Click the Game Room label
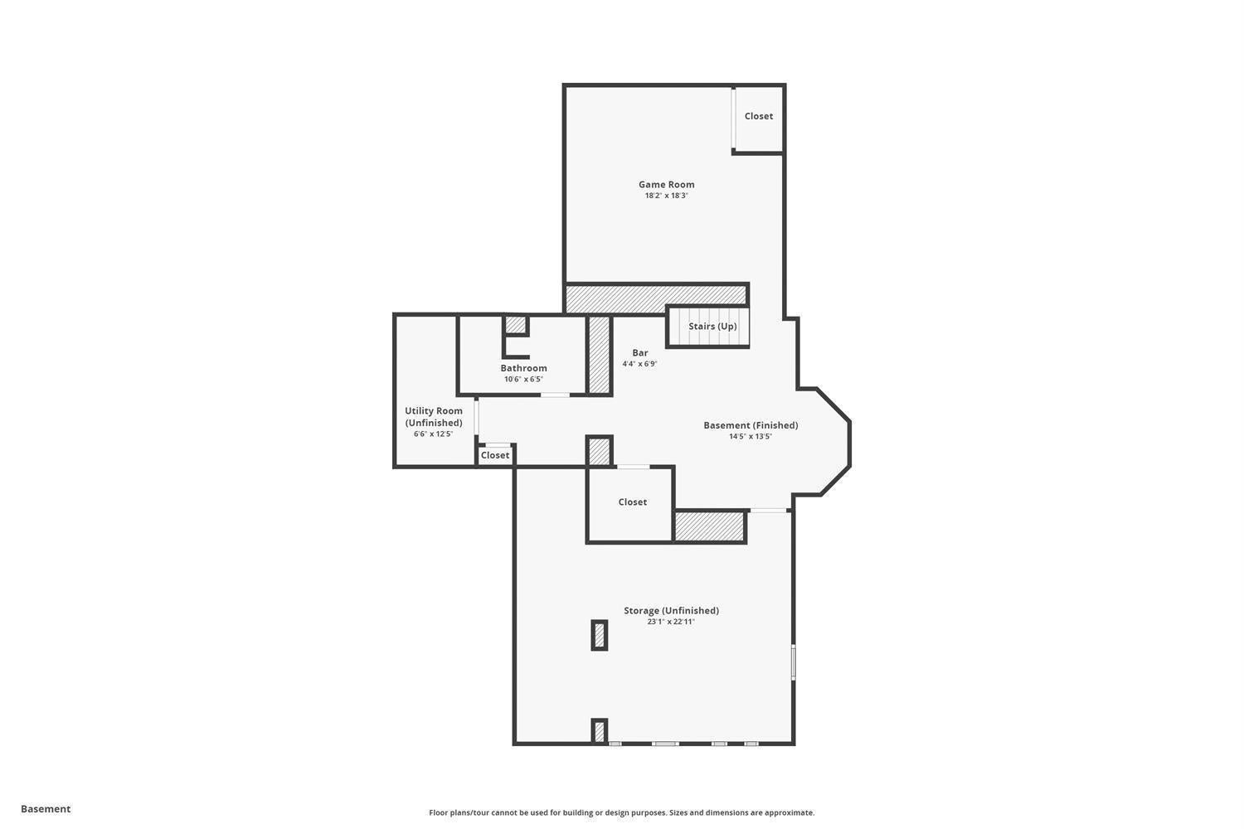click(666, 185)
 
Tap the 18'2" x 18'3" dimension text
click(666, 196)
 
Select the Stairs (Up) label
click(712, 327)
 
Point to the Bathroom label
click(523, 368)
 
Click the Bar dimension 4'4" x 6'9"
click(639, 364)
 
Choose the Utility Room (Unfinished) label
click(434, 416)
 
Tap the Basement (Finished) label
click(751, 425)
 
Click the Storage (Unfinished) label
click(671, 611)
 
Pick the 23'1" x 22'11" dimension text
click(671, 622)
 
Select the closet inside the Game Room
click(758, 117)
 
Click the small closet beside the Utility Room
click(495, 455)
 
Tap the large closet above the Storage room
click(632, 502)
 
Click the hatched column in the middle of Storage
click(600, 635)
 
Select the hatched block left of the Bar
click(600, 355)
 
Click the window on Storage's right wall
click(793, 662)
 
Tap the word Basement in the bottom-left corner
click(46, 809)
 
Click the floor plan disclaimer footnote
click(621, 812)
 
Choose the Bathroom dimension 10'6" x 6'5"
click(523, 380)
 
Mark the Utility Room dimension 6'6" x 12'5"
click(434, 434)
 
